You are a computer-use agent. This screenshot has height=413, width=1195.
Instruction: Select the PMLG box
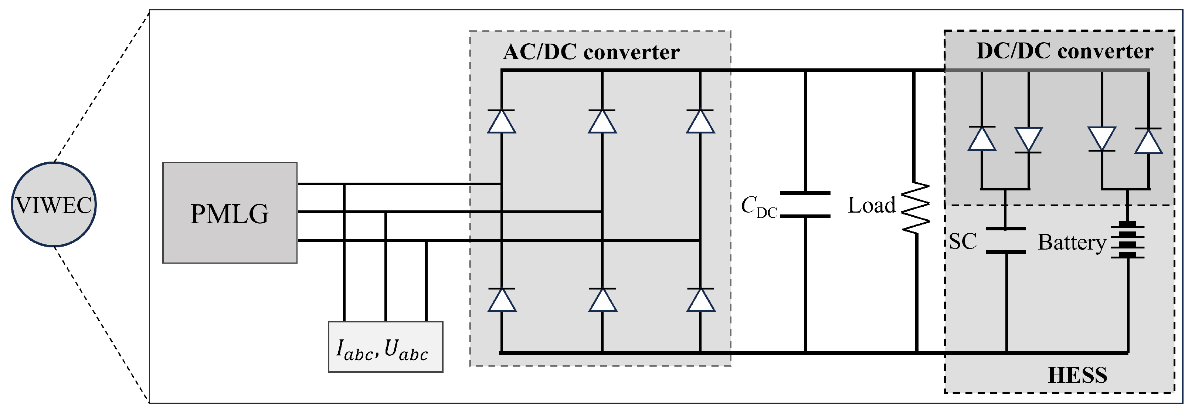click(x=230, y=213)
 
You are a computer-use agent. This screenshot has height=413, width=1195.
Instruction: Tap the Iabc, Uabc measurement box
click(x=386, y=347)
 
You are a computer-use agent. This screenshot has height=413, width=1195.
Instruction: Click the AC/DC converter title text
click(x=591, y=52)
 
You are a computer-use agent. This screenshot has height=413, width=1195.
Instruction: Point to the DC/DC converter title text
click(x=1065, y=51)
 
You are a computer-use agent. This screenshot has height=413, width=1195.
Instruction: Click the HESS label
click(x=1077, y=375)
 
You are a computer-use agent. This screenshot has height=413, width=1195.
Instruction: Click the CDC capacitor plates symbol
click(x=805, y=204)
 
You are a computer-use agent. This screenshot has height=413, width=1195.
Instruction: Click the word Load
click(x=871, y=205)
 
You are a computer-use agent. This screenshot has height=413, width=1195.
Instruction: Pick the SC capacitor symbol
click(x=1005, y=241)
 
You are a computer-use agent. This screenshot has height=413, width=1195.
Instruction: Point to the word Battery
click(x=1072, y=242)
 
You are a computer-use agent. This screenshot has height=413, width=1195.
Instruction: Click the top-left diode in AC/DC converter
click(x=502, y=122)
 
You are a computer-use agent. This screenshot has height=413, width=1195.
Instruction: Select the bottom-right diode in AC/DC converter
click(x=700, y=300)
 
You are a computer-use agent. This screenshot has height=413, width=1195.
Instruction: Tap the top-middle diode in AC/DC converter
click(x=602, y=122)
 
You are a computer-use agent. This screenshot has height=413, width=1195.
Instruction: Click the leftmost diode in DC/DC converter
click(x=982, y=138)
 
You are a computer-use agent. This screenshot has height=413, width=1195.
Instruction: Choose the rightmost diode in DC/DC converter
click(x=1148, y=141)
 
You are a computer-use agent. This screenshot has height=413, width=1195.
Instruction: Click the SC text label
click(x=963, y=241)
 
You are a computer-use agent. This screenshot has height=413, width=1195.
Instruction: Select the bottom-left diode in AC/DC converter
click(x=502, y=300)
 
